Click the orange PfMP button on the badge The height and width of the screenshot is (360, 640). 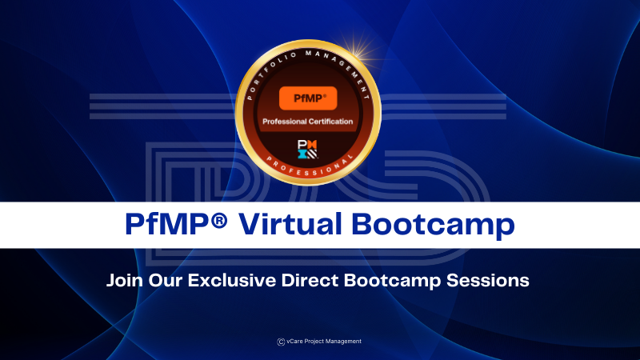click(x=308, y=98)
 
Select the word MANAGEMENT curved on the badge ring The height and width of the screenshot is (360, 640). click(x=342, y=61)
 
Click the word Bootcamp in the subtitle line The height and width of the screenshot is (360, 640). click(x=390, y=282)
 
